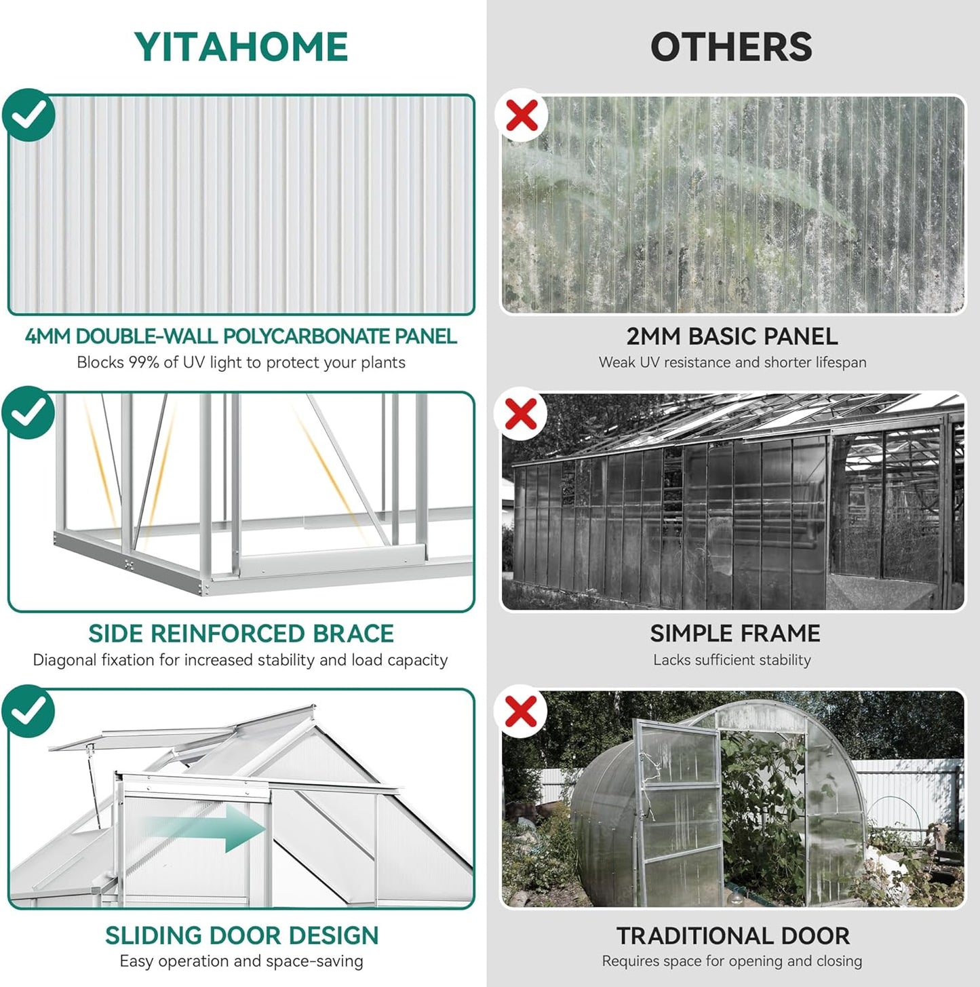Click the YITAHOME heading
tap(241, 47)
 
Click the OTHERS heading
tap(731, 47)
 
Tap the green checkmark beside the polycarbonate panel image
tap(28, 115)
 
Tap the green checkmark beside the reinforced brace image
tap(28, 412)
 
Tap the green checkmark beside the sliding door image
tap(28, 711)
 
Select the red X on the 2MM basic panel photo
tap(522, 115)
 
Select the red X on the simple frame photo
tap(522, 413)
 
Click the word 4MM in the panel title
tap(47, 336)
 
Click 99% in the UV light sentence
tap(144, 362)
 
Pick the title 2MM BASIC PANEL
tap(732, 336)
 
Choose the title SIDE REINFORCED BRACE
tap(241, 634)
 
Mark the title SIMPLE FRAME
tap(735, 634)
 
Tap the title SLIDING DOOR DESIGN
tap(241, 935)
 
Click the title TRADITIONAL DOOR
tap(732, 936)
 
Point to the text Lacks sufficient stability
tap(732, 660)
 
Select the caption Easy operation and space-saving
tap(241, 961)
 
